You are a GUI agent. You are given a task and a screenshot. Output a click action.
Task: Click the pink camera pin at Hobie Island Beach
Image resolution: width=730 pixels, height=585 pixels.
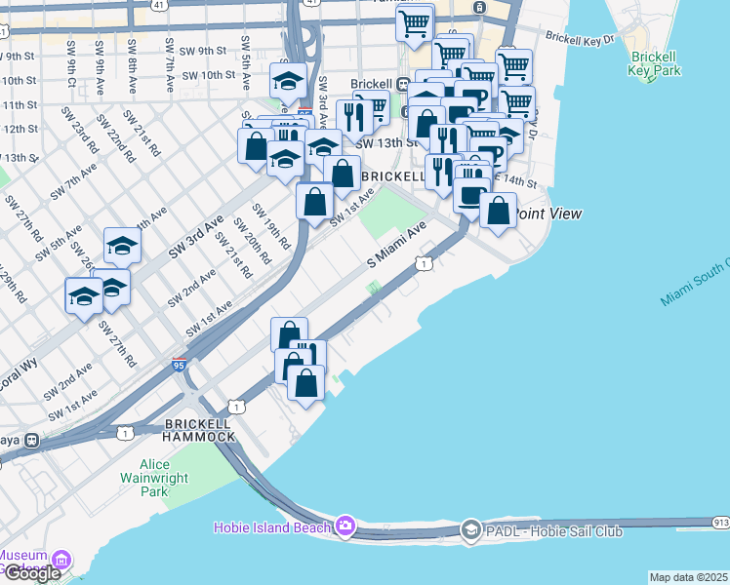point(344,526)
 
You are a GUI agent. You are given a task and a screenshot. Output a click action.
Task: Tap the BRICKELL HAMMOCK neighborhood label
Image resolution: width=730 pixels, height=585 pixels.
point(200,430)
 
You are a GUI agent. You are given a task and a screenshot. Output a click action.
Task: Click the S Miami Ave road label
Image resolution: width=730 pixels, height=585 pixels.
point(397,244)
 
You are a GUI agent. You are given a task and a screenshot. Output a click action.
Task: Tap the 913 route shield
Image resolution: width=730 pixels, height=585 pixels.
point(720,523)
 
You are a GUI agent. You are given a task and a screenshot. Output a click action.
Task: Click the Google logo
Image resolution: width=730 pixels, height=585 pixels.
point(31,573)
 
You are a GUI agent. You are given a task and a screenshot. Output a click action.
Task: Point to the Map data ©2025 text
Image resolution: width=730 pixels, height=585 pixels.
point(688,577)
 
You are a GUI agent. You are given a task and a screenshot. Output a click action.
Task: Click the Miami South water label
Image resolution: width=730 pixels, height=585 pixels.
point(695,284)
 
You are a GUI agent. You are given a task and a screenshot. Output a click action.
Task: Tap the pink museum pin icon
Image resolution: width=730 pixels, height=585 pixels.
point(61,561)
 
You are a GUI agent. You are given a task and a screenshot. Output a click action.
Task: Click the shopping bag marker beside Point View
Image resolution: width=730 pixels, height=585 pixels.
point(498,211)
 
